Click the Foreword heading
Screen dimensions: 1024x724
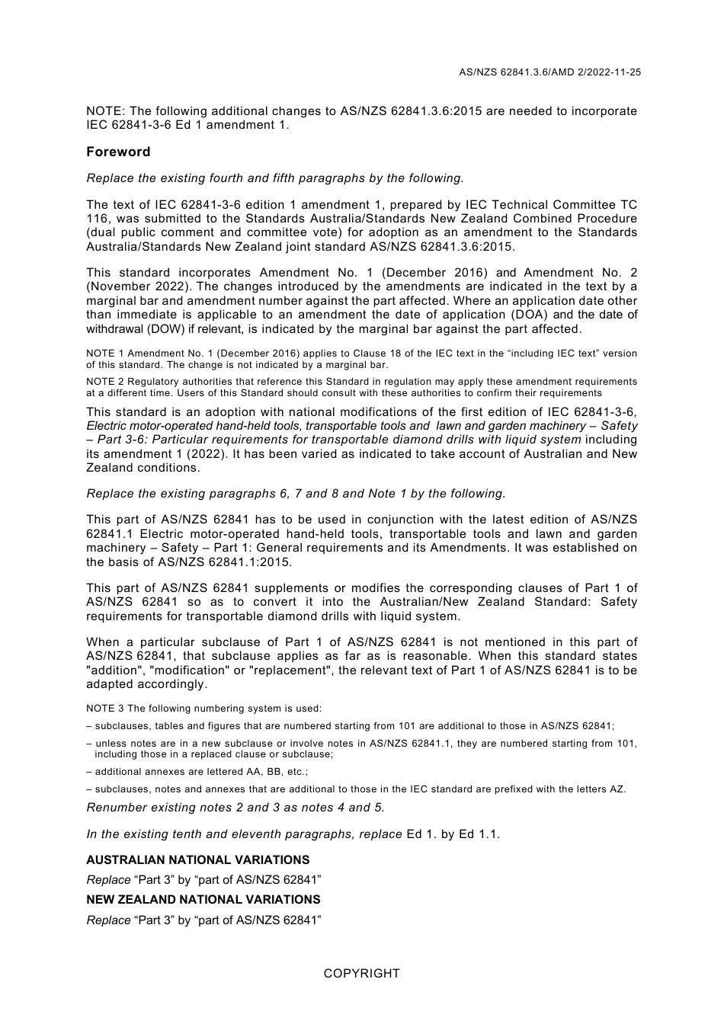[x=118, y=152]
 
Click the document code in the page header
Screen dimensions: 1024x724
[x=549, y=72]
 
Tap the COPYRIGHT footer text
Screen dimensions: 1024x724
[x=361, y=973]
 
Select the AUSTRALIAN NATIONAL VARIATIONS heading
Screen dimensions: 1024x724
[x=197, y=859]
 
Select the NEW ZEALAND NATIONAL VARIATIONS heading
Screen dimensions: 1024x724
[x=203, y=899]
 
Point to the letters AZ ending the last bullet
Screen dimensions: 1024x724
[x=617, y=789]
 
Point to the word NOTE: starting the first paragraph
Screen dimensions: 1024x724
[x=105, y=111]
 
